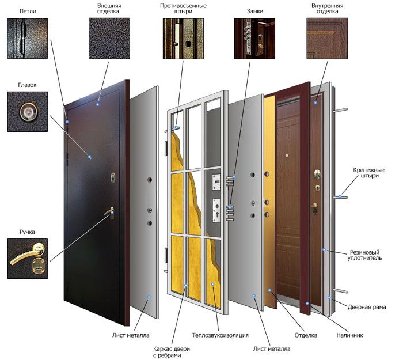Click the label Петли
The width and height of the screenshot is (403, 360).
[x=28, y=12]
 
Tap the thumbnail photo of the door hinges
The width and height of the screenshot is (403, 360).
[x=28, y=39]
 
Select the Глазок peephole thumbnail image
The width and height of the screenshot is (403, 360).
[x=28, y=112]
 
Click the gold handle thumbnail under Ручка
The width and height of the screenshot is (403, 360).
[x=28, y=259]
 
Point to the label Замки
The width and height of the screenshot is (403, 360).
[x=254, y=12]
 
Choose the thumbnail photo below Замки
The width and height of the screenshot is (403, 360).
[x=254, y=39]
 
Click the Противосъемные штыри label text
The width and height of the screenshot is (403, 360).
[x=183, y=9]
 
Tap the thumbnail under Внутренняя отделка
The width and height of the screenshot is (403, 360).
[x=327, y=39]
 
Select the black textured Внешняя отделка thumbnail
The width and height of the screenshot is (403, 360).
[x=109, y=39]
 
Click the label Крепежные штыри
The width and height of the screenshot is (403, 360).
[x=368, y=173]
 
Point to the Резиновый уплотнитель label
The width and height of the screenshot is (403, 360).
[x=364, y=255]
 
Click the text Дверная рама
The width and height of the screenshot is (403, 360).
[x=367, y=307]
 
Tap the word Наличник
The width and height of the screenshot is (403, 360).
[x=349, y=335]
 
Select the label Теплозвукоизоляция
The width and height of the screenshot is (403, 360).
[x=220, y=335]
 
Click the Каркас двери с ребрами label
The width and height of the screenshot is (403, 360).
[x=172, y=353]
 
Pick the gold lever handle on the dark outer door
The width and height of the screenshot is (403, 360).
[x=109, y=213]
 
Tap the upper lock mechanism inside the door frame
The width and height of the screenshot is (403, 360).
[x=216, y=182]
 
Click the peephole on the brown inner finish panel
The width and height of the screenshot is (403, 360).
[x=287, y=156]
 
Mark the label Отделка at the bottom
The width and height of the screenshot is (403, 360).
[x=306, y=335]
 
